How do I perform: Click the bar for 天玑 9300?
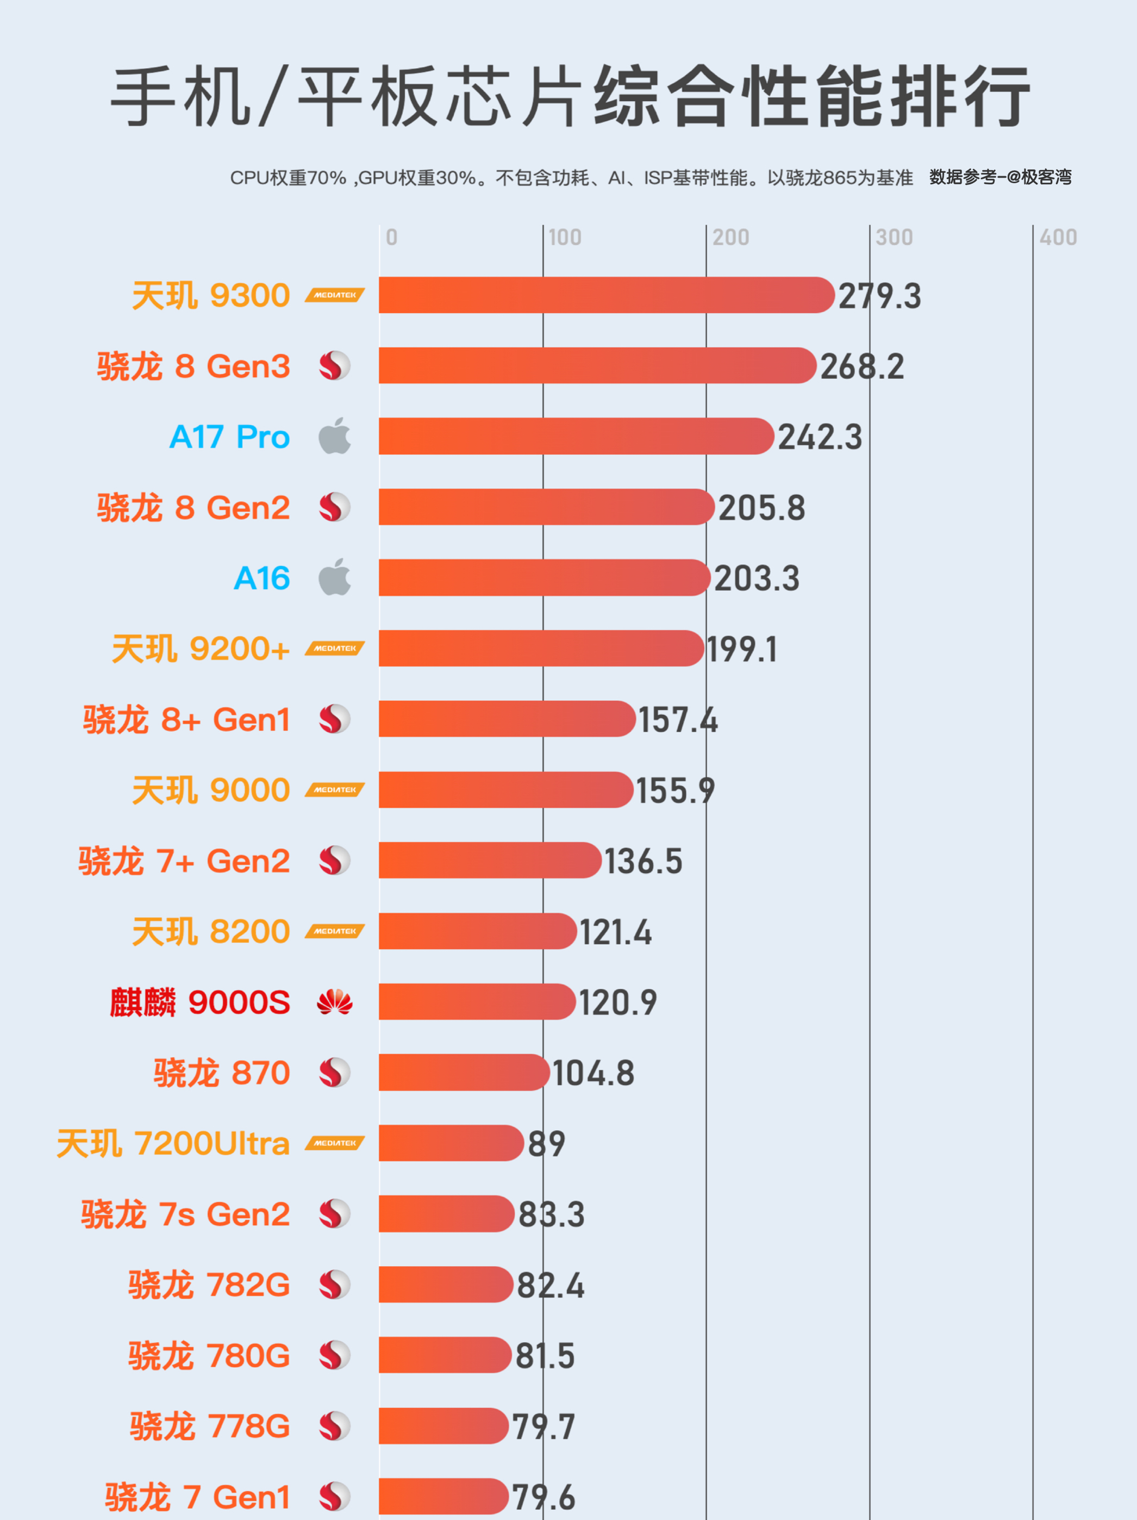pos(606,296)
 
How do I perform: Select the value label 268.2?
pos(861,367)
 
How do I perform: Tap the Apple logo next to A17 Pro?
pos(335,437)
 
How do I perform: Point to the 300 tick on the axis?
pos(894,238)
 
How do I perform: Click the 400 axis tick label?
pos(1057,238)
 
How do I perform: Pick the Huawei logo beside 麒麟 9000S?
pos(335,1002)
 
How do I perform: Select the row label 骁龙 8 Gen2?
pos(193,508)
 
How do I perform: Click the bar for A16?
pos(543,578)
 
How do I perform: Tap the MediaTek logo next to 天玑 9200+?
pos(335,649)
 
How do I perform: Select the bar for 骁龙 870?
pos(464,1073)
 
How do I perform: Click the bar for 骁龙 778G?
pos(443,1426)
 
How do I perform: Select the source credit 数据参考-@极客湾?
pos(1000,177)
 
